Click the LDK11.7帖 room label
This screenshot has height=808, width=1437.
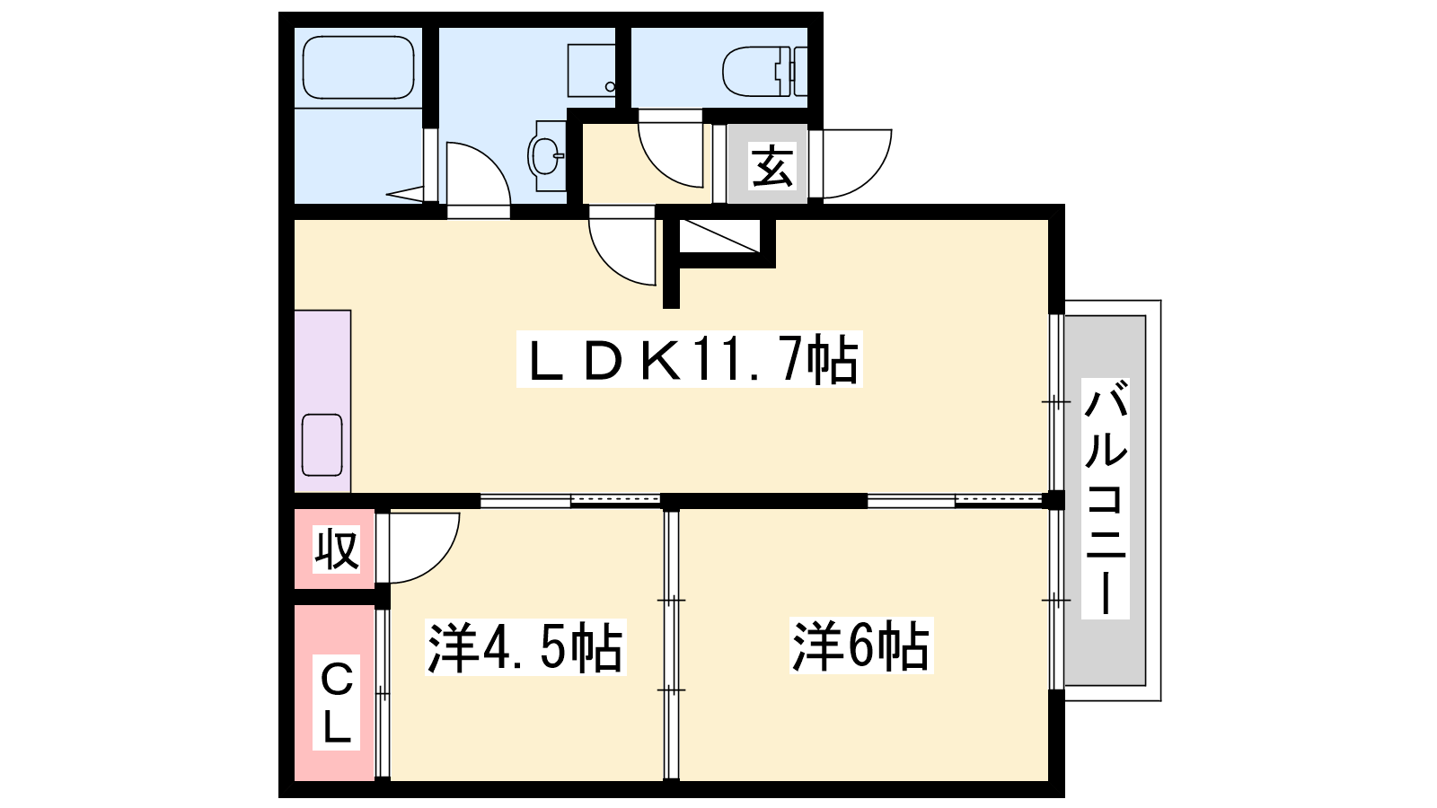690,359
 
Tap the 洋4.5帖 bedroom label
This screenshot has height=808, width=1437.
525,646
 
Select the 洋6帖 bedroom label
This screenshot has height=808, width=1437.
861,646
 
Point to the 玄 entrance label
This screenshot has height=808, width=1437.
772,165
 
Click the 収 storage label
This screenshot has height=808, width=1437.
336,549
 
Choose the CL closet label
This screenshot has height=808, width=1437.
336,702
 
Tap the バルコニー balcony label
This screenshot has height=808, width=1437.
1106,498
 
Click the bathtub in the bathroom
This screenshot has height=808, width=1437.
358,67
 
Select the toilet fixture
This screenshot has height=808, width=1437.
764,71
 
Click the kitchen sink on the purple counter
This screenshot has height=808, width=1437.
322,445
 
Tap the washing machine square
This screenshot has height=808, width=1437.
592,71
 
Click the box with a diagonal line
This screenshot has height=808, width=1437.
719,236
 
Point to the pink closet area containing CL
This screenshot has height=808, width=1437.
334,692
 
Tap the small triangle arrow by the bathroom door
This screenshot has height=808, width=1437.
405,194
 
